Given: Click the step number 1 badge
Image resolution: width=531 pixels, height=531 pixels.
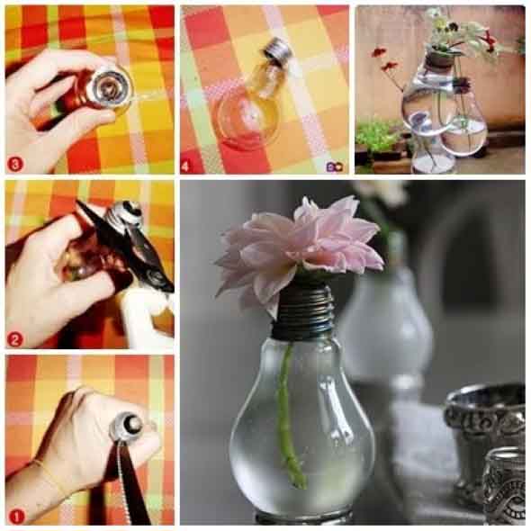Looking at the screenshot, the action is tap(16, 517).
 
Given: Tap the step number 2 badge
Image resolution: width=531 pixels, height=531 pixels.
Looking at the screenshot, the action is tap(14, 339).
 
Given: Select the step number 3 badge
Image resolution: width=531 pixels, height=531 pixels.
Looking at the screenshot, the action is tap(15, 164).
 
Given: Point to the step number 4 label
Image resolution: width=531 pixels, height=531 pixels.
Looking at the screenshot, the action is tap(186, 166).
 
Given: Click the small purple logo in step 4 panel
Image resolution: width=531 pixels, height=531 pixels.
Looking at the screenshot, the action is tap(335, 166).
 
